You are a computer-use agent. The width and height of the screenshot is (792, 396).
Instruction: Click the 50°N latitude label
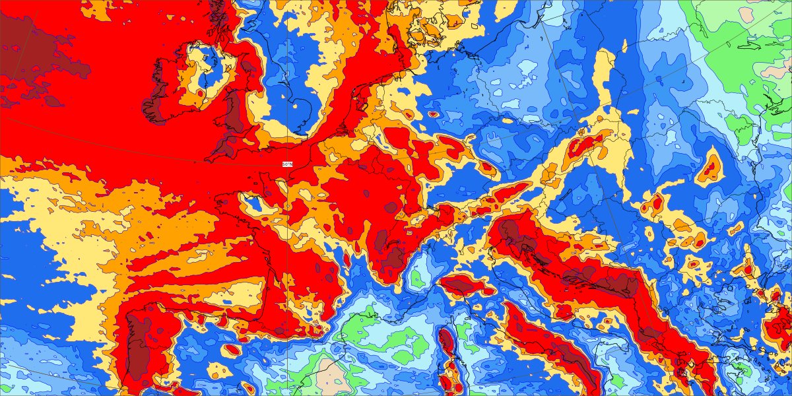tap(286, 164)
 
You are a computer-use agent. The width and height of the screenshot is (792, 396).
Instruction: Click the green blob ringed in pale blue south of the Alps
tap(416, 277)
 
